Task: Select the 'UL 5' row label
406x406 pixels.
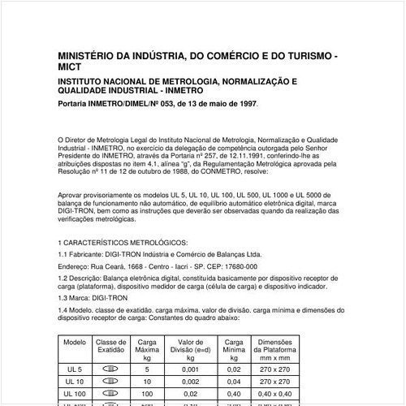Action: [75, 369]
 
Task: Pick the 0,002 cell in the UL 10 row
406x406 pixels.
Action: [189, 381]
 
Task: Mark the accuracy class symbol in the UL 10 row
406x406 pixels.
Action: [111, 381]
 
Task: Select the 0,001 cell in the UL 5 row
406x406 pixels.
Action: [189, 369]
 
